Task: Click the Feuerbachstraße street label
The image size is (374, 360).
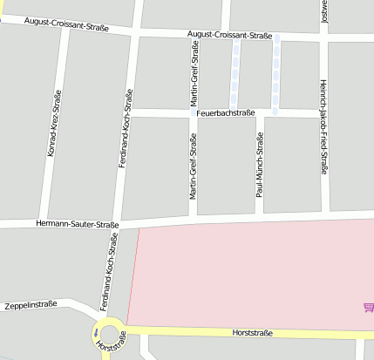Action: point(225,113)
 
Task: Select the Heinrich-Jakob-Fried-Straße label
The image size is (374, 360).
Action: point(323,139)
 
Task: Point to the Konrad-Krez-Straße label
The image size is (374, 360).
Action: point(52,123)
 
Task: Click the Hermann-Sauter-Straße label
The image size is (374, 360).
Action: point(78,224)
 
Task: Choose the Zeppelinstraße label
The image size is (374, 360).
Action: point(31,305)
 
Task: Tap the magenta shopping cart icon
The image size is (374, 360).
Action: point(368,307)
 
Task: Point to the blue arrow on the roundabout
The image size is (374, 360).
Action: point(95,332)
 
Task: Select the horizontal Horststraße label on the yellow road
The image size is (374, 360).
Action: point(253,333)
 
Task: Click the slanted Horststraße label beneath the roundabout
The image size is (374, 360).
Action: point(112,349)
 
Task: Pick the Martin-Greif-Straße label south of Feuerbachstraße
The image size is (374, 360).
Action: point(194,168)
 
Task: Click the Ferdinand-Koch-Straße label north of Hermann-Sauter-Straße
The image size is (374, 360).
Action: point(125,128)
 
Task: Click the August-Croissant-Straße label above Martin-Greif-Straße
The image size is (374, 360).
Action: point(230,36)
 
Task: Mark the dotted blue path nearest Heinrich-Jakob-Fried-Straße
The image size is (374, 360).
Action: point(276,76)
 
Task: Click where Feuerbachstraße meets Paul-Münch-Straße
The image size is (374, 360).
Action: point(259,114)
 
